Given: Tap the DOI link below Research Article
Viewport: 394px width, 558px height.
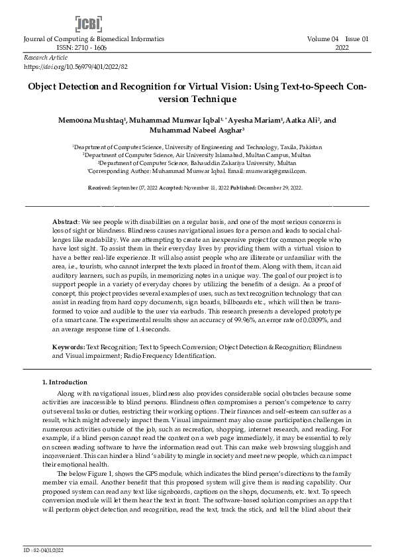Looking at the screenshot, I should click(75, 67).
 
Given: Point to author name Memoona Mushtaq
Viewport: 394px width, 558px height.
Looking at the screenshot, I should click(97, 121).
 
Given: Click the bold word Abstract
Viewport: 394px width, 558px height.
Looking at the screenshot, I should click(66, 220).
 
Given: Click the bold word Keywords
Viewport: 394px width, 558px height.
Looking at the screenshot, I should click(68, 347).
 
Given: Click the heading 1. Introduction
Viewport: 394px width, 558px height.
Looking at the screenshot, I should click(64, 382).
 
